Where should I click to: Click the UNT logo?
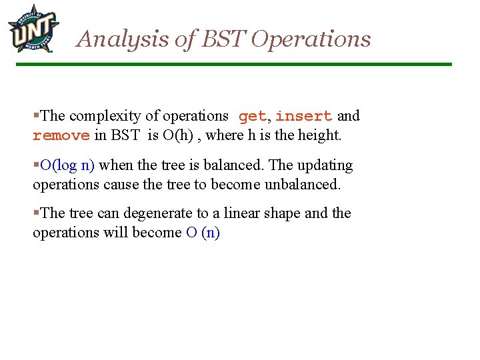click(33, 28)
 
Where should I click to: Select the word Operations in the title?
click(311, 39)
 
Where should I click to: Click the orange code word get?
click(252, 117)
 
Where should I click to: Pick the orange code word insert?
click(303, 117)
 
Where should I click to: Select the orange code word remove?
click(61, 136)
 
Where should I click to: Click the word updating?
click(325, 165)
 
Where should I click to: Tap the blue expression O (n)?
click(203, 233)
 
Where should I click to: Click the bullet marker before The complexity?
click(36, 116)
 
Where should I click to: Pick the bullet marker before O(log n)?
click(36, 165)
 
